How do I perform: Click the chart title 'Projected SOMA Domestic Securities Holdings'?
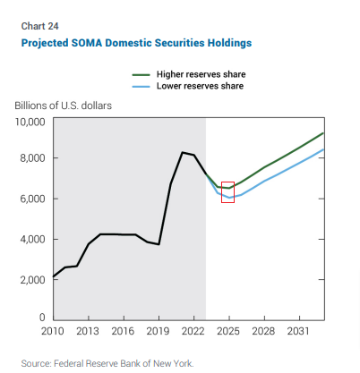(136, 43)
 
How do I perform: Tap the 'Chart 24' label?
(39, 26)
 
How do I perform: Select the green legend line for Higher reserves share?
(141, 75)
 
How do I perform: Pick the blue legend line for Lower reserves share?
(141, 87)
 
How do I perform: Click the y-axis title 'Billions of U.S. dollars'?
(64, 106)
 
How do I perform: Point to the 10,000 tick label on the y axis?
(30, 122)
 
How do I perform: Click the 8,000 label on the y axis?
(32, 158)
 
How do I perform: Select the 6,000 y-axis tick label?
(32, 199)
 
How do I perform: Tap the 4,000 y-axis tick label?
(32, 239)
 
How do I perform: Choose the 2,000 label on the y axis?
(32, 280)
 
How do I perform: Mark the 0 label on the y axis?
(42, 318)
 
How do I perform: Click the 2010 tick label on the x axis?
(53, 331)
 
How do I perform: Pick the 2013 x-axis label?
(88, 331)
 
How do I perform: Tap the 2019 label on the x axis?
(158, 331)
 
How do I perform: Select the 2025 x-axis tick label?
(228, 331)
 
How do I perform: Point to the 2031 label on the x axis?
(298, 331)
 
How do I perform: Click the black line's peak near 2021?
(183, 152)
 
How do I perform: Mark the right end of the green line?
(324, 133)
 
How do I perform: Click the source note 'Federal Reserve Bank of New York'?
(124, 364)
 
